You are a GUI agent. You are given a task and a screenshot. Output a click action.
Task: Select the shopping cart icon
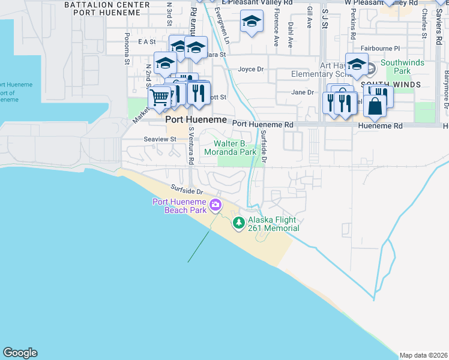159,97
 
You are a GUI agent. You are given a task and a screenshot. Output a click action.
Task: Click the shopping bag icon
375,106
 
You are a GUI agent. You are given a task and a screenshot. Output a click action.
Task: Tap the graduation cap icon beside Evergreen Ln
252,23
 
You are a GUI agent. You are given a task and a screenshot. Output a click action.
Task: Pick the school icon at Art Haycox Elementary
357,64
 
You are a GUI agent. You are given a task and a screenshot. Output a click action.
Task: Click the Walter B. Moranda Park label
239,148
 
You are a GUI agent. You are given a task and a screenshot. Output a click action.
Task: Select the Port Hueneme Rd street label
262,124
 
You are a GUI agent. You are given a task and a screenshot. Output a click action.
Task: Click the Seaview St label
160,139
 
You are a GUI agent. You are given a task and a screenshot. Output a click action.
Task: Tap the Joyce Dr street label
251,69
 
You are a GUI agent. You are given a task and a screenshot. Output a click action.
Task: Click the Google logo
20,353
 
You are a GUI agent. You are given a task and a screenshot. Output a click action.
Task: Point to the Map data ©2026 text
423,355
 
